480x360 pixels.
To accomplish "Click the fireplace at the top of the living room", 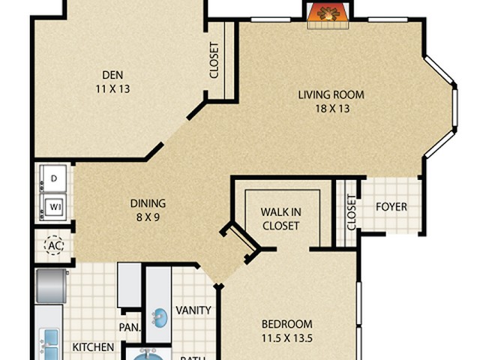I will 328,14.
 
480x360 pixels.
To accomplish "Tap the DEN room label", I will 113,74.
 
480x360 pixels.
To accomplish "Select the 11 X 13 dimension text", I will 113,88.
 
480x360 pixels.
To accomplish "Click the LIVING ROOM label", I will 331,94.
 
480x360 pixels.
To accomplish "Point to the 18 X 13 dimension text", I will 331,108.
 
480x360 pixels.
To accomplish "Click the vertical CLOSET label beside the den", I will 214,59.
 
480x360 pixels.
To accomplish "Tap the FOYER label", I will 391,206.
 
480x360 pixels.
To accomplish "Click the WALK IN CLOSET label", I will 280,218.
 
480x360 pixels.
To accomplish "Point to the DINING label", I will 148,203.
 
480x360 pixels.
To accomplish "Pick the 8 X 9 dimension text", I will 148,217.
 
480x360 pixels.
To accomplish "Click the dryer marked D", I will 54,178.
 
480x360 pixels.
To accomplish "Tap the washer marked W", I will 54,205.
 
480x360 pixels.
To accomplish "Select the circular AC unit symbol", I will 54,245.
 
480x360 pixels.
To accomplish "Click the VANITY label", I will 193,310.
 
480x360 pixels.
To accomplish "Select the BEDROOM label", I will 286,324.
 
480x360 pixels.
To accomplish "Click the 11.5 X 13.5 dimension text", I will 286,337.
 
